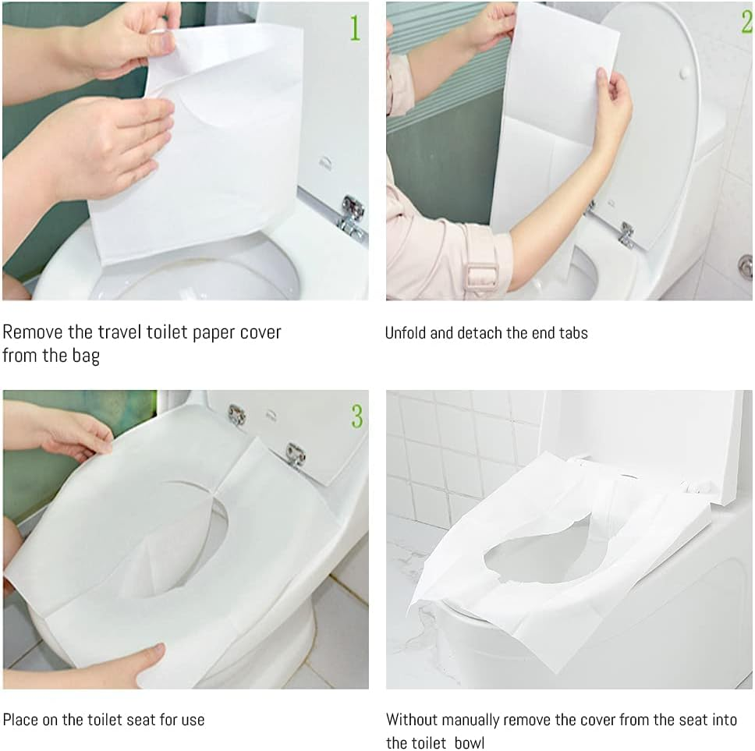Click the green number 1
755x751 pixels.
355,28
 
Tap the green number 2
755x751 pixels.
746,22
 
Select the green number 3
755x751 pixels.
356,416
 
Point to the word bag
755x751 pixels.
84,357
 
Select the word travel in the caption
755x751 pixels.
123,331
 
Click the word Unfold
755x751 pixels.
406,332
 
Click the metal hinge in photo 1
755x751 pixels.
352,214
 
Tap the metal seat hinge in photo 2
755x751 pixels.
625,233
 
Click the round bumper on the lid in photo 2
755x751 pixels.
684,71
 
